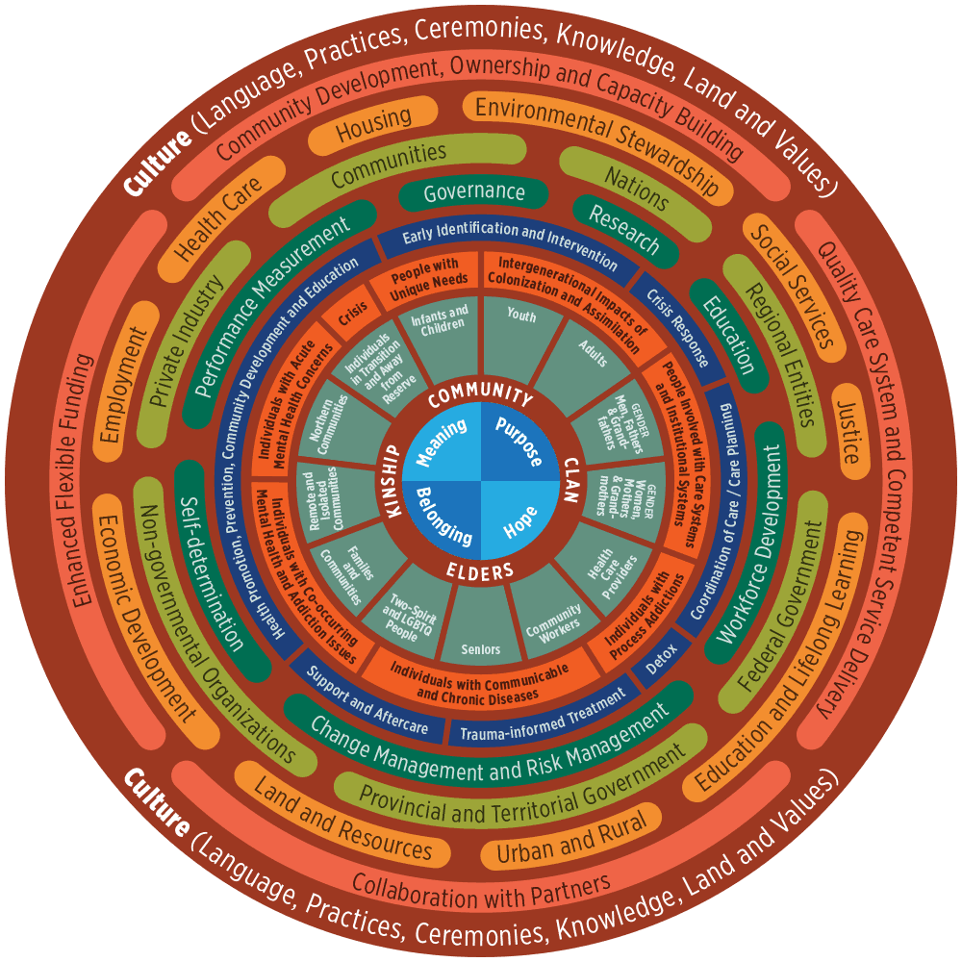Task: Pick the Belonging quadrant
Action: point(443,521)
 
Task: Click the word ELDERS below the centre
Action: point(481,571)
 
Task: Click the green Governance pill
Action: point(474,191)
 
